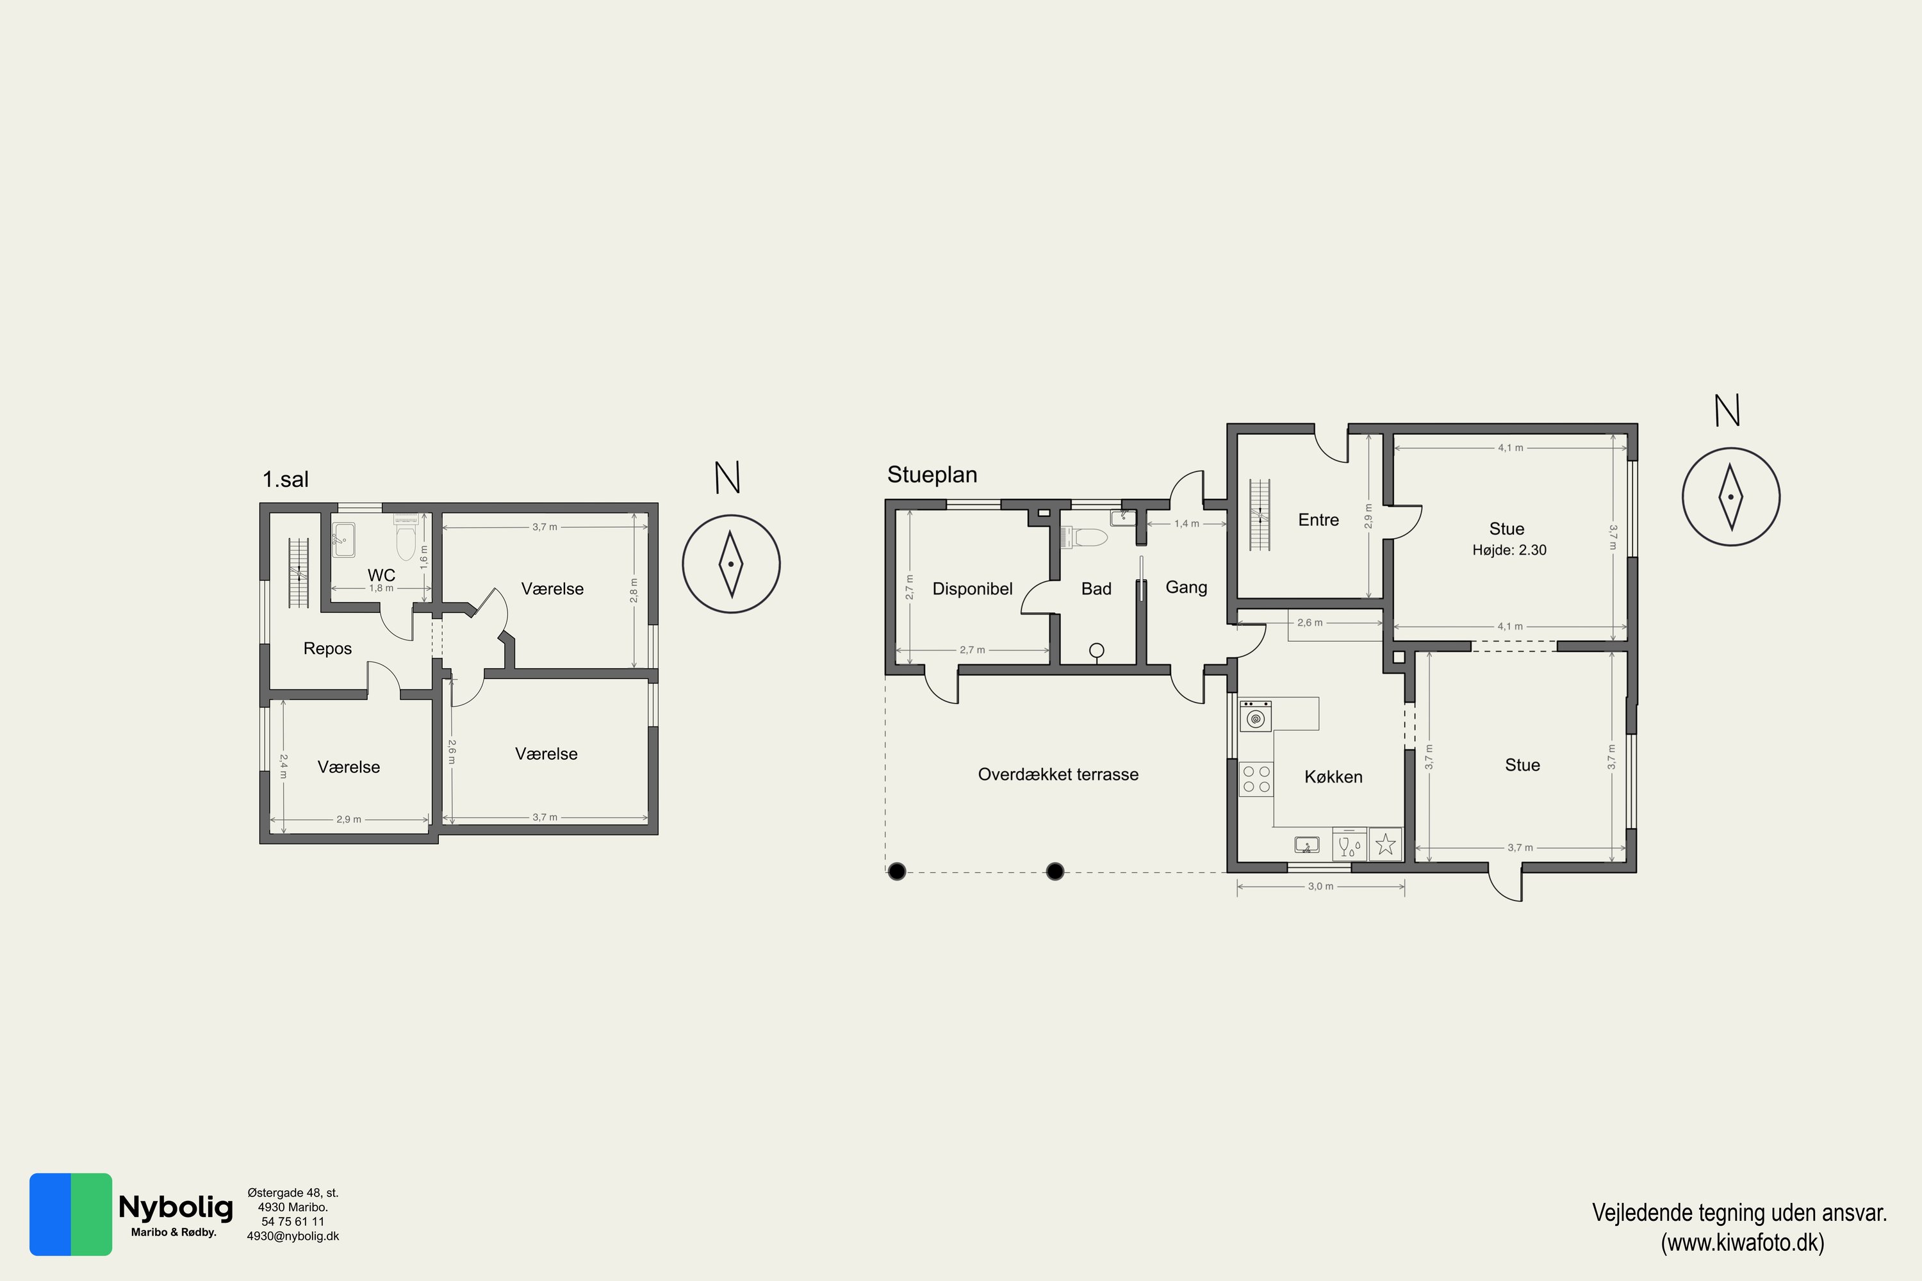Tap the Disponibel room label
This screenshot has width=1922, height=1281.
[x=972, y=589]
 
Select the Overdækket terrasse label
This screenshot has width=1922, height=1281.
[x=1058, y=774]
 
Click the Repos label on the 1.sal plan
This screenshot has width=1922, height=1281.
[x=327, y=649]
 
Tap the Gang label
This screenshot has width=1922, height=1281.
[x=1186, y=587]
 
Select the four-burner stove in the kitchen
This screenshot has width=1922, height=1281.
[x=1256, y=779]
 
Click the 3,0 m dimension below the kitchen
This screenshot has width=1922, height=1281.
[x=1320, y=886]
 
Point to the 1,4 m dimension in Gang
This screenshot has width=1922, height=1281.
[x=1187, y=524]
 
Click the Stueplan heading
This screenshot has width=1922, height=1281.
[x=932, y=475]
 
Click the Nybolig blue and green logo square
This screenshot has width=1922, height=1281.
[x=70, y=1214]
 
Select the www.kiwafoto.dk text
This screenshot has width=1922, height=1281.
[x=1742, y=1243]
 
